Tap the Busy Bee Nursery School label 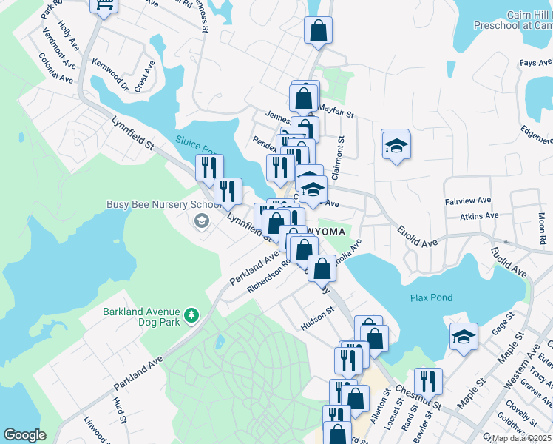click(x=164, y=204)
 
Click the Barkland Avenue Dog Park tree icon click(x=192, y=316)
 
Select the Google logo click(x=24, y=435)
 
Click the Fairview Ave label click(x=468, y=201)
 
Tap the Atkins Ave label click(x=479, y=216)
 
